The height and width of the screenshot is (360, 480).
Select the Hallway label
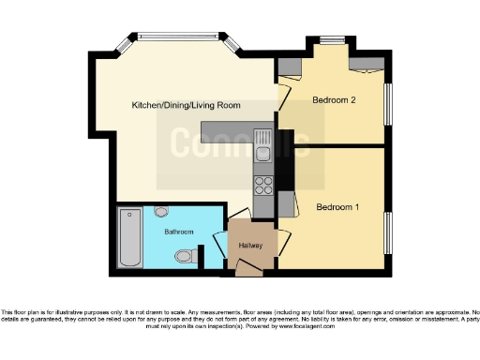(250, 246)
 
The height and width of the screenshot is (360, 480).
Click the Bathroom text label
(178, 231)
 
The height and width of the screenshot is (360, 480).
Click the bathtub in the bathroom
(126, 240)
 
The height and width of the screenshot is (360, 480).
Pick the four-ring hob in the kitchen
(263, 185)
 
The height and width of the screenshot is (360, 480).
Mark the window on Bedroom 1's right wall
(389, 232)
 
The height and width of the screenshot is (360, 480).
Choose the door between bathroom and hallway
(223, 246)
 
